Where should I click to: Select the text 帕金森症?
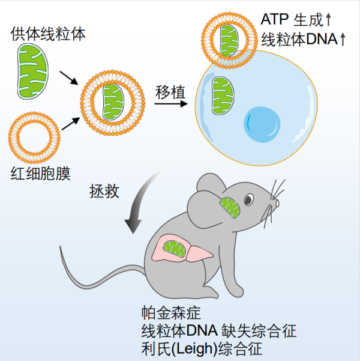[166, 312]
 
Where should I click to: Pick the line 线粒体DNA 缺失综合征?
[218, 330]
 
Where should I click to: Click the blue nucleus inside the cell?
[260, 122]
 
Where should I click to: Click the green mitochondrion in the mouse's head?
[229, 207]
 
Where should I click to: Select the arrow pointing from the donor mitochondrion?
[68, 77]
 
